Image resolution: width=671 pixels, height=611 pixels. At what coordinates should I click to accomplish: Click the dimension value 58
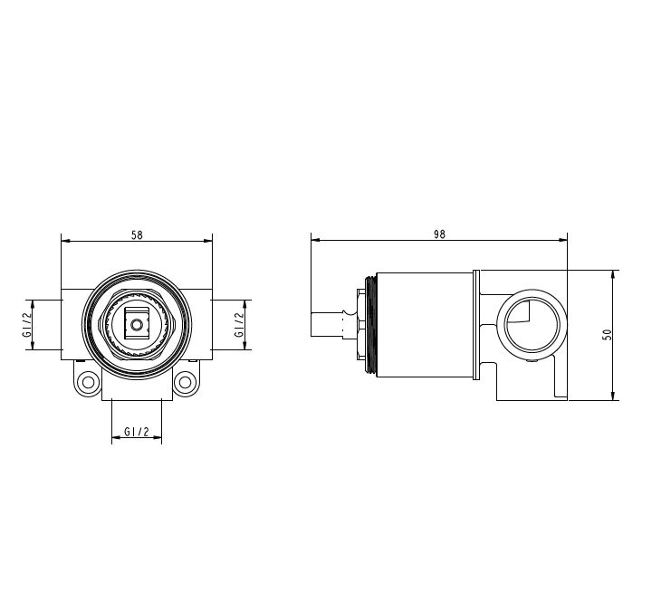pos(137,235)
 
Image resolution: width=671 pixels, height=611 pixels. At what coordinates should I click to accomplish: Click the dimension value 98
pos(439,234)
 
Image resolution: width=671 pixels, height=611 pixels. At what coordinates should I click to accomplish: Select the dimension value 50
pos(607,334)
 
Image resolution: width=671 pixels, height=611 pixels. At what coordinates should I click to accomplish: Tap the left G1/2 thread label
pos(27,324)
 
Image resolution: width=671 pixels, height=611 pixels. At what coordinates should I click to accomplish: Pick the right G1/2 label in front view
pos(239,324)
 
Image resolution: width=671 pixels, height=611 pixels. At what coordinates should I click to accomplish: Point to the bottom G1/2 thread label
pos(137,432)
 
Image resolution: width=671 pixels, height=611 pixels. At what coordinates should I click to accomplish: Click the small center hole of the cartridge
pos(137,325)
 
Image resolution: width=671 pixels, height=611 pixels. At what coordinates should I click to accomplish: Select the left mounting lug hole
pos(88,382)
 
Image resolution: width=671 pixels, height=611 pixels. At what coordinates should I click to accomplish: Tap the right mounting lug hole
pos(186,382)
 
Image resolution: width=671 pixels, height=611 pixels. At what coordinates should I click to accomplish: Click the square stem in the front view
pos(137,325)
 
